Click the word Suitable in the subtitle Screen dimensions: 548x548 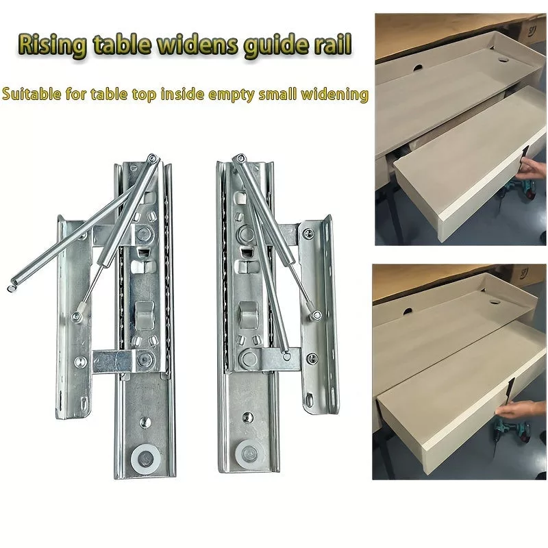[x=32, y=95]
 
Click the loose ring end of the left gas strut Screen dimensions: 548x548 [x=11, y=288]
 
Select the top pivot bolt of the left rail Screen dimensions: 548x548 [x=151, y=158]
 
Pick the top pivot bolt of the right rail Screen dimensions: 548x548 [x=240, y=158]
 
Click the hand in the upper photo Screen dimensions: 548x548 [x=530, y=170]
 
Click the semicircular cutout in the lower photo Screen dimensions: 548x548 [x=409, y=310]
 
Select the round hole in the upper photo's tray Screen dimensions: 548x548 [x=503, y=60]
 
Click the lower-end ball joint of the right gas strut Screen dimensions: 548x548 [x=316, y=314]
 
